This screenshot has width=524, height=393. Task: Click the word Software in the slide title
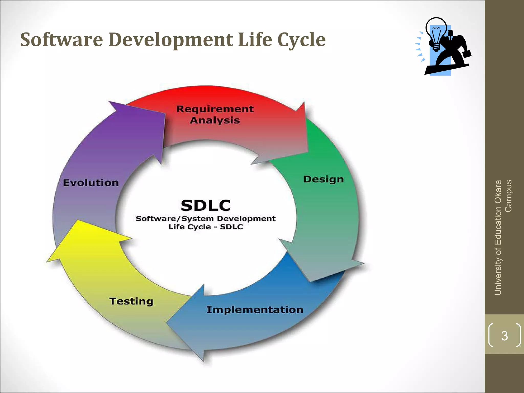click(61, 40)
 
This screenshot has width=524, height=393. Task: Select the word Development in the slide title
click(170, 40)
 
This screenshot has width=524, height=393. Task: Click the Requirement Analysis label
click(215, 115)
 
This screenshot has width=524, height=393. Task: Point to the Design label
click(323, 179)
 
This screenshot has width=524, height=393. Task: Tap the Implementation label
click(255, 310)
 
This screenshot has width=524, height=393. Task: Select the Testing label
click(131, 301)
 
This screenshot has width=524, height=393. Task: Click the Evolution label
click(91, 183)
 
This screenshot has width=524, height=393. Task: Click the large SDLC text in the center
click(206, 205)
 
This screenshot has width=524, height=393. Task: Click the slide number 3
click(504, 336)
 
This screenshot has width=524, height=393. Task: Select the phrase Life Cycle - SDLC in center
click(205, 227)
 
